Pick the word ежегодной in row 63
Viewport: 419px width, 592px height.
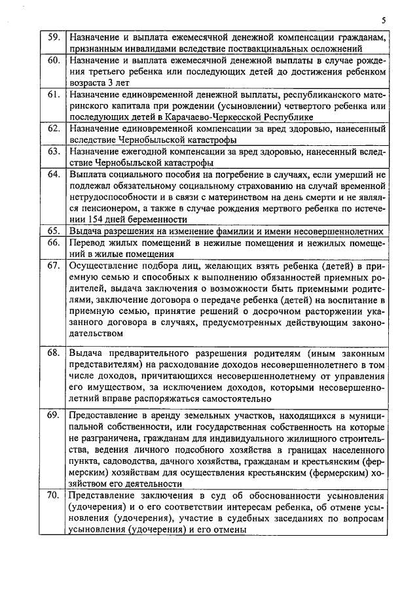149,152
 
